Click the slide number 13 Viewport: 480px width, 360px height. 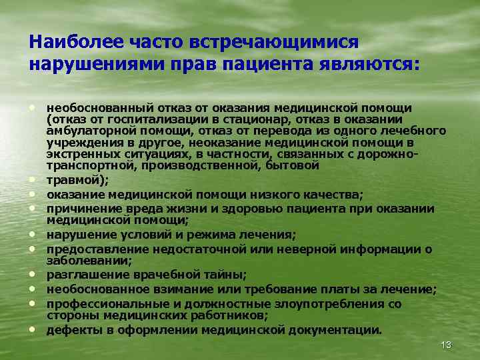446,345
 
